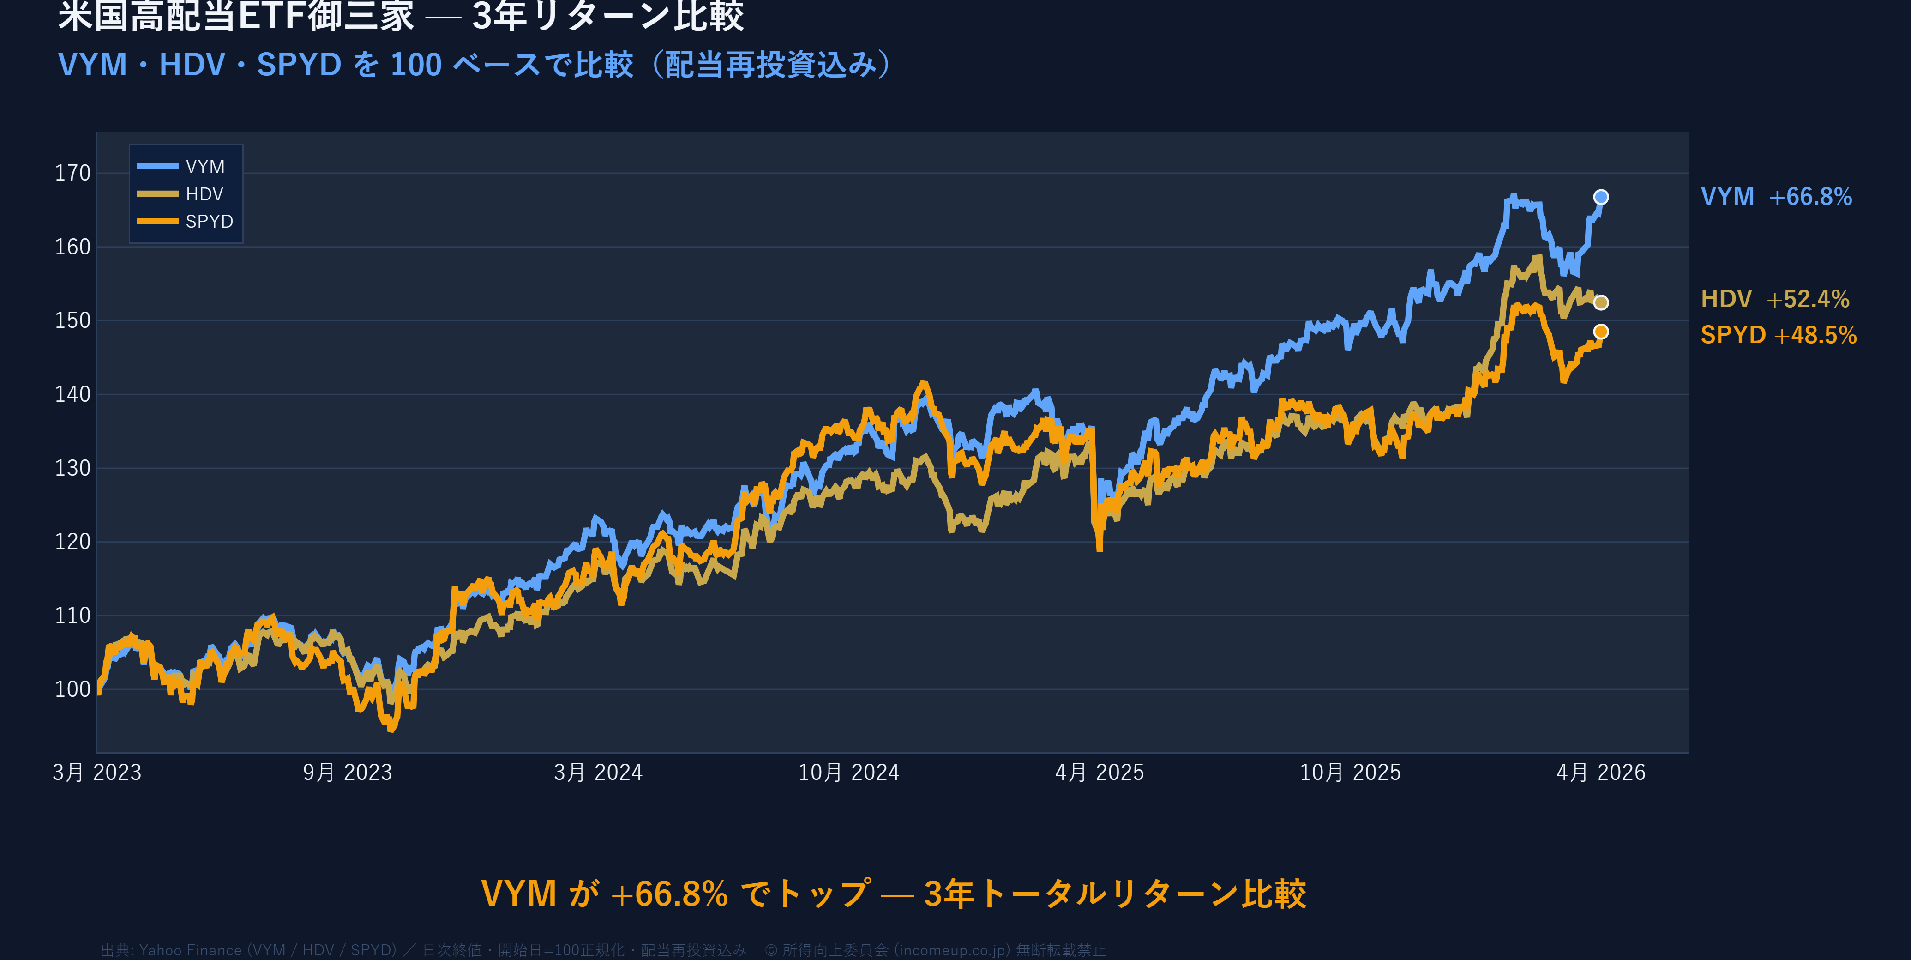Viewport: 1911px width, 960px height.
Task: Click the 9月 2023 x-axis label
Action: point(347,773)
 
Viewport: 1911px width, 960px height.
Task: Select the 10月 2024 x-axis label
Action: point(849,773)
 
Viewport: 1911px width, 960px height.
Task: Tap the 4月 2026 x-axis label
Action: point(1601,773)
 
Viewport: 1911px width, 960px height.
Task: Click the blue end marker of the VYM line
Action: point(1601,197)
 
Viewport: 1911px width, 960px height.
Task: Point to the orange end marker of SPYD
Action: point(1601,332)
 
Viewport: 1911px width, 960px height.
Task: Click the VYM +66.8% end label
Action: point(1776,197)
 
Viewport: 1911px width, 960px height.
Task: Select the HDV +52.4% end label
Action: point(1774,299)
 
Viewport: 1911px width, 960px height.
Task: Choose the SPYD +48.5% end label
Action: point(1778,335)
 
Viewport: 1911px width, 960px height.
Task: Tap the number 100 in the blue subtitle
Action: point(416,65)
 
